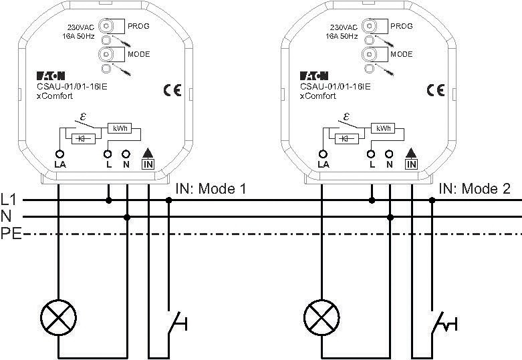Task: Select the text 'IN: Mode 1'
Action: pyautogui.click(x=211, y=189)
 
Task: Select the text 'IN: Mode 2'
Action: pyautogui.click(x=475, y=189)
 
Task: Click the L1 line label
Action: pyautogui.click(x=8, y=200)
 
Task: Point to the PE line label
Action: pyautogui.click(x=11, y=234)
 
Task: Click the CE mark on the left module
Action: pyautogui.click(x=172, y=90)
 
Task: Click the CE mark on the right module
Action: pyautogui.click(x=436, y=90)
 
